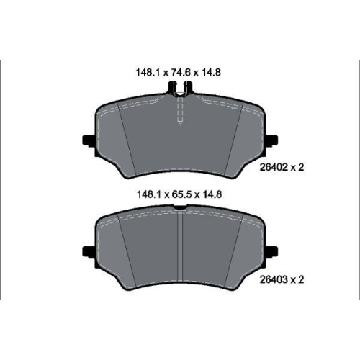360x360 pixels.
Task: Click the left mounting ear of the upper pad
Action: (89, 140)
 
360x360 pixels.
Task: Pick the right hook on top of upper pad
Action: (189, 89)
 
